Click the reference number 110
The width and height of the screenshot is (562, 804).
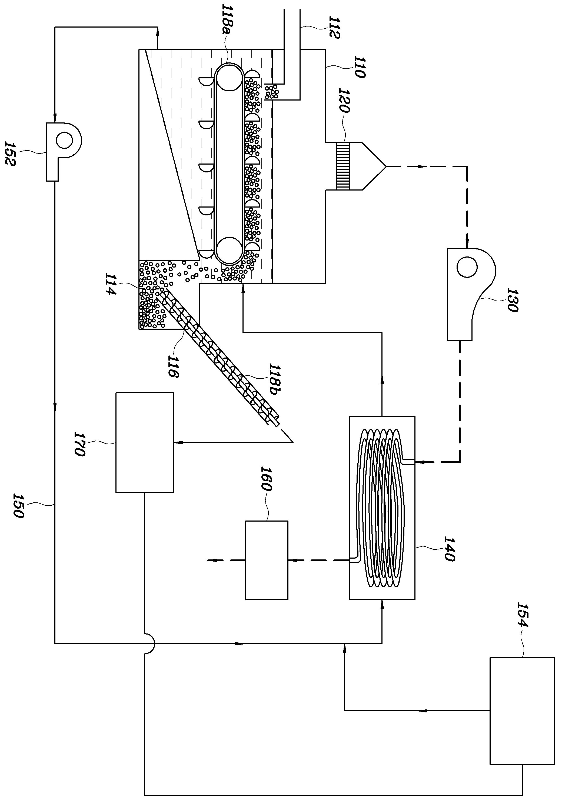coord(360,66)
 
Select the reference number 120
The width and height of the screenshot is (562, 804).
coord(345,100)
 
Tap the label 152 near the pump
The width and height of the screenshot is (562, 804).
coord(10,154)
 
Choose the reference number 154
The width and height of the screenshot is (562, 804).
coord(523,615)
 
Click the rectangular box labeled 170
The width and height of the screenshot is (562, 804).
coord(144,442)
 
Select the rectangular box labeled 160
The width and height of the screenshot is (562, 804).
coord(266,560)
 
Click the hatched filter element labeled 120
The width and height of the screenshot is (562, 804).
coord(343,166)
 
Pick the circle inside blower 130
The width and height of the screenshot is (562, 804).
coord(467,267)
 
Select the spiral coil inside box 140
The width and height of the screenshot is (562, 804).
coord(382,508)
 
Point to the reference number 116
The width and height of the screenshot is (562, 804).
coord(172,366)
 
